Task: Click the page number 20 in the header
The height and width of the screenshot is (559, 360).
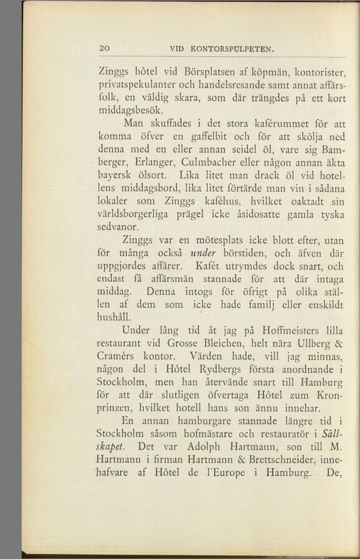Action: [105, 49]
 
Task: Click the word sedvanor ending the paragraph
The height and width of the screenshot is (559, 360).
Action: [121, 228]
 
